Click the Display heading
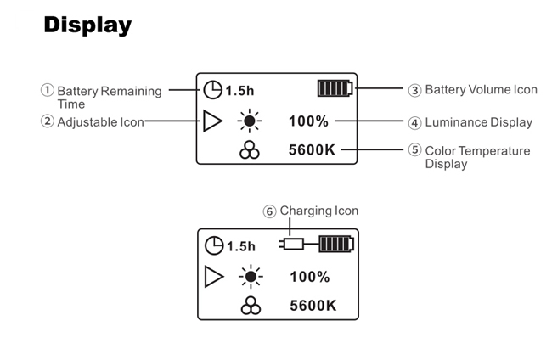point(87,25)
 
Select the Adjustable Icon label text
point(100,122)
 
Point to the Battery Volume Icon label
point(481,90)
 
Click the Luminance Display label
point(478,122)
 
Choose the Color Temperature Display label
point(477,157)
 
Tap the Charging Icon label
point(319,211)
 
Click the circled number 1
point(48,90)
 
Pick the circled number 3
point(414,90)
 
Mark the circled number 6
point(269,211)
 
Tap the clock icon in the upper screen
point(212,88)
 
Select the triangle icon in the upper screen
point(212,121)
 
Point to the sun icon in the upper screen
point(249,121)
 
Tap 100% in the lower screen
point(310,277)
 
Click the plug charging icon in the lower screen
point(292,245)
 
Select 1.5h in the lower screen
point(240,246)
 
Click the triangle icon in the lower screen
point(214,277)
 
